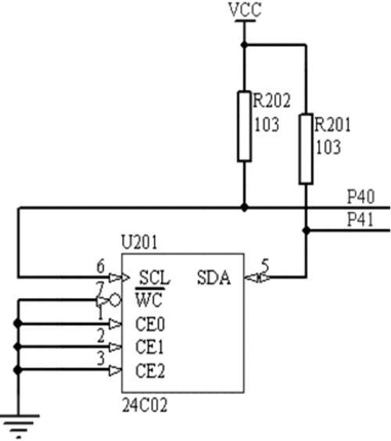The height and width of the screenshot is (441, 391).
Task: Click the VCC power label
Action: (x=245, y=9)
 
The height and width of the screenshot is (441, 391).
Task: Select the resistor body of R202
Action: (x=244, y=127)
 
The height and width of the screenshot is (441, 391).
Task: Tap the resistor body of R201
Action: (x=306, y=149)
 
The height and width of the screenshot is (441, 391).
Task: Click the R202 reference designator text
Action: (x=271, y=100)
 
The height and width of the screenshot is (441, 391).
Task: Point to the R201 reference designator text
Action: (x=333, y=124)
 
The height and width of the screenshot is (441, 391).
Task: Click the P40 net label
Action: (x=361, y=196)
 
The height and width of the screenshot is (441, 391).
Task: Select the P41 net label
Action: (x=361, y=219)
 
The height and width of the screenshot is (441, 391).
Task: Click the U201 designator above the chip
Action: (x=139, y=242)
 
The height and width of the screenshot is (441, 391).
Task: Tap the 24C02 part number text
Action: (x=145, y=405)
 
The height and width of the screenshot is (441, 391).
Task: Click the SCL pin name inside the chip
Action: (x=155, y=278)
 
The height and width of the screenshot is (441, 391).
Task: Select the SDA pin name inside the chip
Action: (x=214, y=278)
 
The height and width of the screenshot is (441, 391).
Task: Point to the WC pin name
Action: (x=149, y=299)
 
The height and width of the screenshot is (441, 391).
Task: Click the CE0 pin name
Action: (x=150, y=324)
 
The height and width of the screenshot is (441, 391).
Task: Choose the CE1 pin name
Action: (x=149, y=347)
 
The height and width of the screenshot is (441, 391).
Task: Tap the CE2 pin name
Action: (x=150, y=371)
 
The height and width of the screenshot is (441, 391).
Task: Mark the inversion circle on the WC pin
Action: (x=115, y=300)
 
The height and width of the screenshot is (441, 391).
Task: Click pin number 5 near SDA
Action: (x=265, y=265)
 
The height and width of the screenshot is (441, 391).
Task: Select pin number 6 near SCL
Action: (x=101, y=266)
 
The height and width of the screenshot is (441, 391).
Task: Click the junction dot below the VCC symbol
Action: (x=244, y=45)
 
